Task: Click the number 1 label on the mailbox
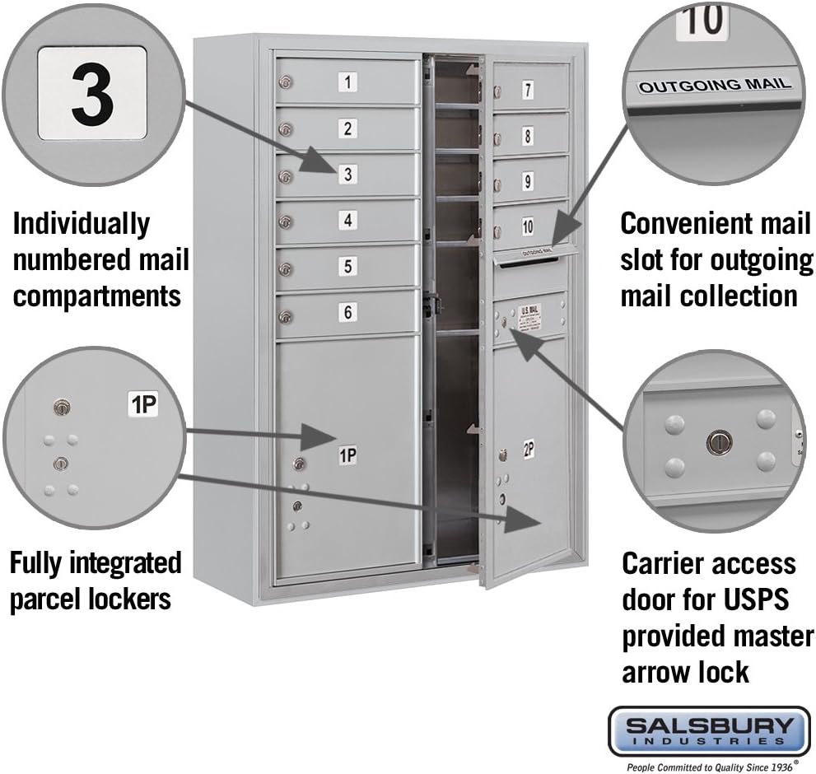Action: (348, 82)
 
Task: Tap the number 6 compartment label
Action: (348, 312)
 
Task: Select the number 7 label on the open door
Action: (528, 91)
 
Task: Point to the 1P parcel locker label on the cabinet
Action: (347, 455)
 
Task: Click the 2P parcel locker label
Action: (528, 449)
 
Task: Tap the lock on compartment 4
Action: (286, 221)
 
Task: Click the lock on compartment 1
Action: (286, 82)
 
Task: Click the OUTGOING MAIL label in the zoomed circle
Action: (715, 85)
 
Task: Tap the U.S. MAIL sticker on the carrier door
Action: (529, 317)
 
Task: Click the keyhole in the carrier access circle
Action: (719, 442)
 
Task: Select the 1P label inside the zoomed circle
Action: (142, 403)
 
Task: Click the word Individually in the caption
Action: (81, 223)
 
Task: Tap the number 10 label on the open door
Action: (528, 226)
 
